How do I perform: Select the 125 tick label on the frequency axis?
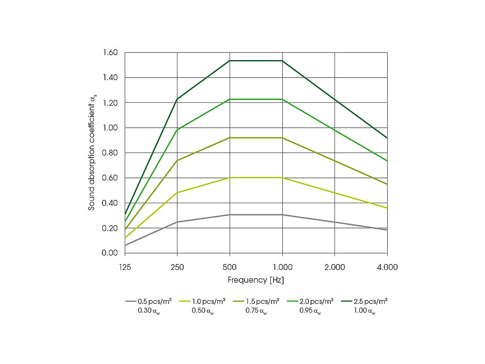click(125, 267)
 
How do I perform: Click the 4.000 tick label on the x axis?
click(387, 267)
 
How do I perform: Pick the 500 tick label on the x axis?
click(230, 267)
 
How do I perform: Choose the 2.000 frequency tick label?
click(335, 267)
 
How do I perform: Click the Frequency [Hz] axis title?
click(256, 280)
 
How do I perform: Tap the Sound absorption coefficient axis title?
click(92, 153)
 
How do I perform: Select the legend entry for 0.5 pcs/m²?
click(154, 301)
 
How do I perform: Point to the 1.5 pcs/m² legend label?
click(262, 301)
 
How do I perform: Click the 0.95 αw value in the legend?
click(310, 311)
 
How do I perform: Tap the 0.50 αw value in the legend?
click(203, 311)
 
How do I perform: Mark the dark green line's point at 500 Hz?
click(230, 61)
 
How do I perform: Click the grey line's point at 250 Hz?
click(177, 222)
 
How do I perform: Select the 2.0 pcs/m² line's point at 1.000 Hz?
click(282, 99)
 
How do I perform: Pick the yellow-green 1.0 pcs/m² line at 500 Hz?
click(230, 177)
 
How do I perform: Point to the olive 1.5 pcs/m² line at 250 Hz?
click(177, 160)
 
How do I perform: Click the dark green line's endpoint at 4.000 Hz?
click(387, 138)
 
